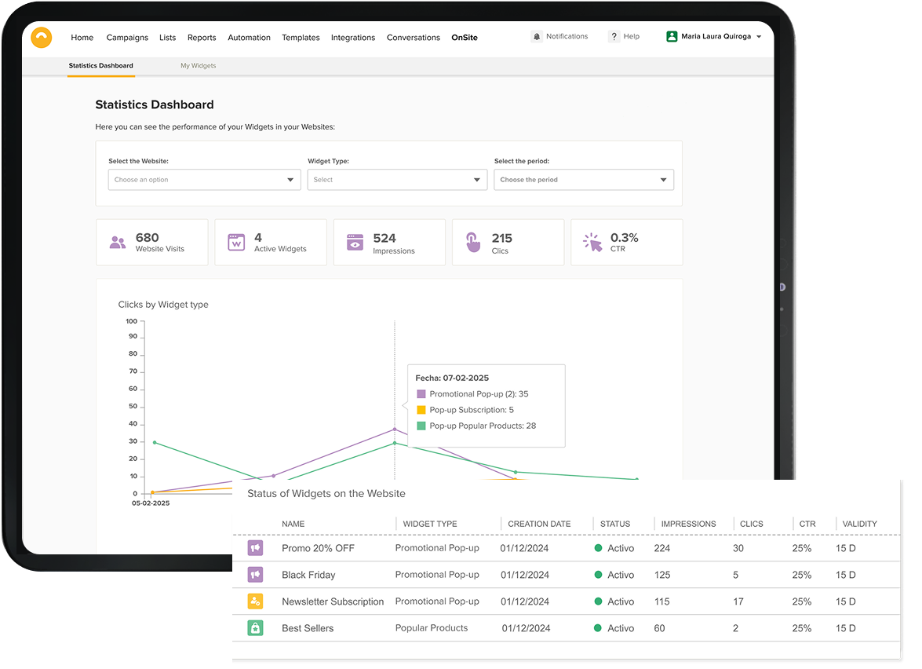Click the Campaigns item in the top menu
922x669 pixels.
127,38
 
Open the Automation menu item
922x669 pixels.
249,38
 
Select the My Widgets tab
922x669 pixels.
199,66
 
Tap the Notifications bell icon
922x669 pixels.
537,36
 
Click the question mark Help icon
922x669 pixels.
614,36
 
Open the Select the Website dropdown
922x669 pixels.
205,180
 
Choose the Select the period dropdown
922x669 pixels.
584,180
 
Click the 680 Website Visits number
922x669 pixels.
147,238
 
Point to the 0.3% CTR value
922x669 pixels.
624,238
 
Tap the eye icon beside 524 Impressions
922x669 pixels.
355,243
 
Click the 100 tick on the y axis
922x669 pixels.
131,321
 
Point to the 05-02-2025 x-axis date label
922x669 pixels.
151,503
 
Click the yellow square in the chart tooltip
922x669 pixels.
421,410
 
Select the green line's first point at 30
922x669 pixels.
155,443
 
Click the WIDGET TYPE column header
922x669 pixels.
430,525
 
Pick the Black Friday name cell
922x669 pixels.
308,575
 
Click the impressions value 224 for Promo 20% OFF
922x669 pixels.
662,548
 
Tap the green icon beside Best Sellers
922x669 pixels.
255,628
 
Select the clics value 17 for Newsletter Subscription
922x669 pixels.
738,602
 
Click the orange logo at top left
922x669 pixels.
41,38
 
